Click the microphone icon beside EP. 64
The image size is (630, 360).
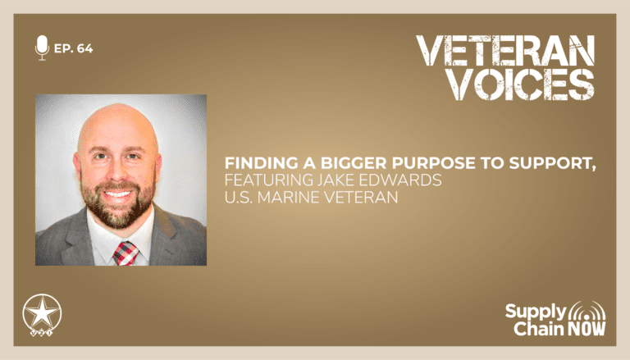(42, 48)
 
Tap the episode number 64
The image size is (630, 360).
(84, 48)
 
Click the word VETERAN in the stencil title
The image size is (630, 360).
(505, 51)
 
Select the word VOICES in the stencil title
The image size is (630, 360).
(521, 84)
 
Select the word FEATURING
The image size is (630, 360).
(268, 180)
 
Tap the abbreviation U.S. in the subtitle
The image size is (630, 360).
(238, 198)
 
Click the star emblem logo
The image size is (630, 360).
(42, 315)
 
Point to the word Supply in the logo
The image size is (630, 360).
(536, 312)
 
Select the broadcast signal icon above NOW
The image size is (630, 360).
(587, 311)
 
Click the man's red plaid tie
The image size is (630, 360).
(126, 253)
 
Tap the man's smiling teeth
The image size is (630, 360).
(118, 195)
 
